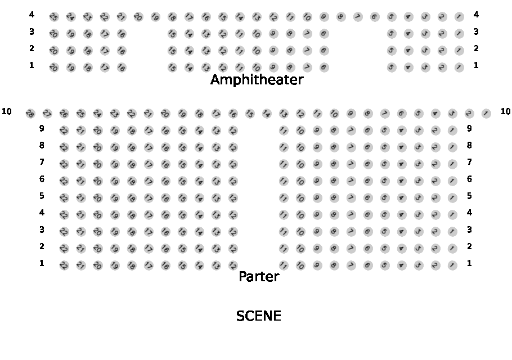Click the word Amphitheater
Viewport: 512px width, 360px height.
[257, 80]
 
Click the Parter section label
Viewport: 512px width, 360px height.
[259, 277]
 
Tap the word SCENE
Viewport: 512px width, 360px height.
[259, 316]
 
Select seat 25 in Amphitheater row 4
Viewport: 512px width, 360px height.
[54, 17]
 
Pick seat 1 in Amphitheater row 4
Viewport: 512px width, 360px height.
[459, 17]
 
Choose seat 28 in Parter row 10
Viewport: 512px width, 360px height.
[30, 114]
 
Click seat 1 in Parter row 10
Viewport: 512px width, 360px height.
[486, 114]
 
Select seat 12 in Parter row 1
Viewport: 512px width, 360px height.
[233, 265]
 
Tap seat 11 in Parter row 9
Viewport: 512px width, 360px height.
[284, 130]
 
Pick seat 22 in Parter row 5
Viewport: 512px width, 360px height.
[64, 198]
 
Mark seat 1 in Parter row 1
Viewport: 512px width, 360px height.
[452, 265]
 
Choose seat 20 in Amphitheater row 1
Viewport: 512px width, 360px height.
[54, 67]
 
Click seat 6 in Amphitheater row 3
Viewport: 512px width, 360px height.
[324, 34]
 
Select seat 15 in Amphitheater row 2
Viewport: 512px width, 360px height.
[172, 51]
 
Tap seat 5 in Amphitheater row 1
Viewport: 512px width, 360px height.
[392, 67]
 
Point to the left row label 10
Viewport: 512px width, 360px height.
[7, 111]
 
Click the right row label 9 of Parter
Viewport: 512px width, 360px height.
[469, 128]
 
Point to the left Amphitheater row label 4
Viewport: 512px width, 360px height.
[32, 15]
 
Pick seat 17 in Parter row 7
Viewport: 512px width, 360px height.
[149, 164]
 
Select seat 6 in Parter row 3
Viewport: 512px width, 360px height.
[368, 232]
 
